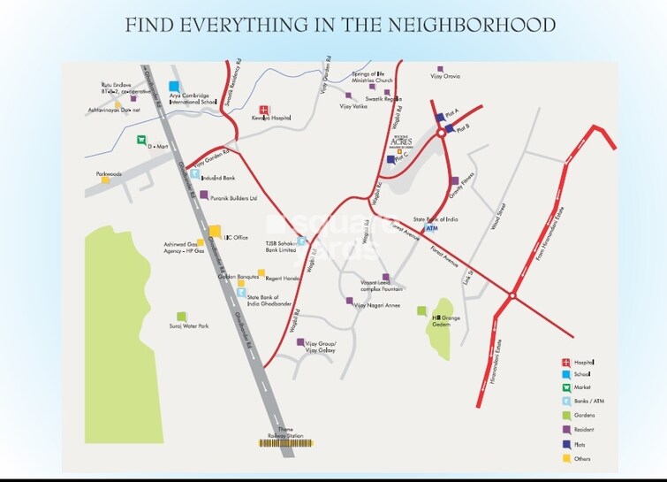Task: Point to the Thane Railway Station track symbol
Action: tap(284, 440)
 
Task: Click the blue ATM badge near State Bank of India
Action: tap(431, 228)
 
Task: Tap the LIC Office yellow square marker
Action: tap(215, 232)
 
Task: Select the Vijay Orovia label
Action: tap(457, 78)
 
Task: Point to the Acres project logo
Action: tap(399, 141)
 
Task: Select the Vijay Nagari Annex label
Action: tap(376, 305)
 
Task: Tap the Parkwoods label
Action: tap(110, 174)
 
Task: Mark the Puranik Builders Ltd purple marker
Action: tap(204, 196)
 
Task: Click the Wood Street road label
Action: tap(496, 218)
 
